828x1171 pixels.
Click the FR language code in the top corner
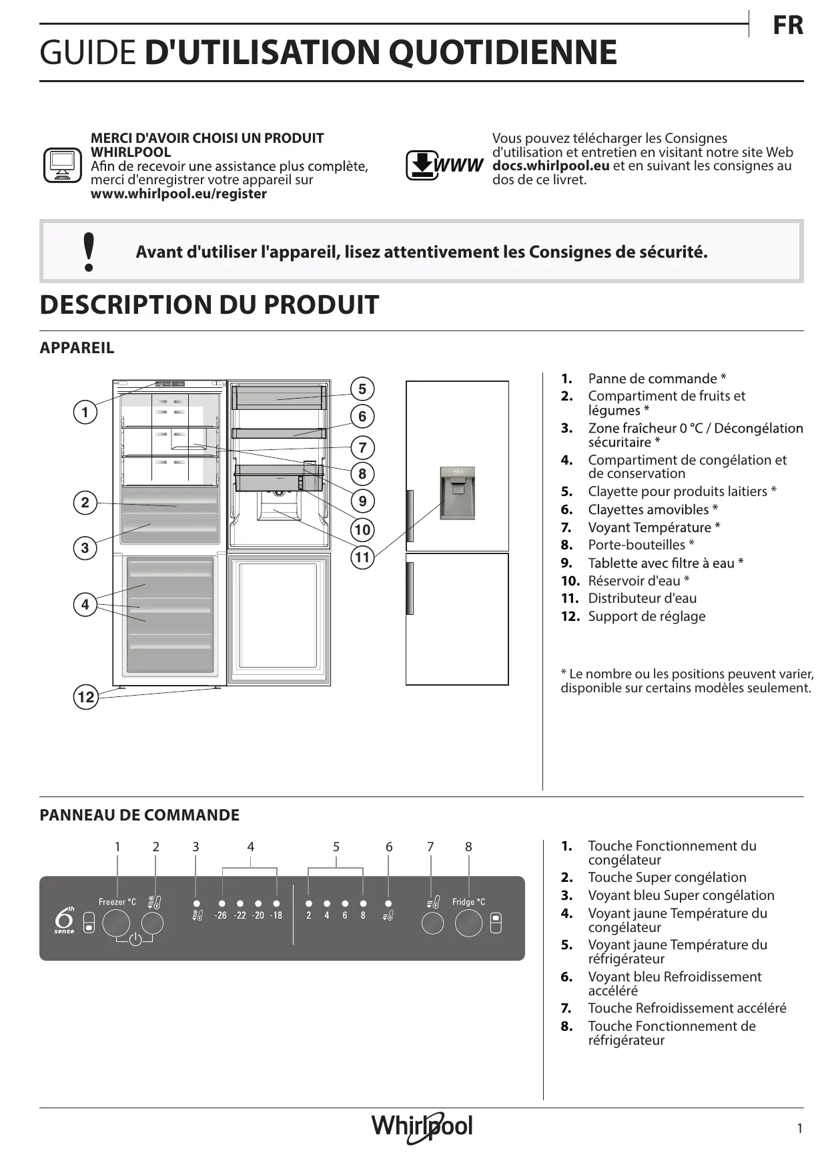(787, 25)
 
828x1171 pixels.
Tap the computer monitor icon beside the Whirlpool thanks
(62, 165)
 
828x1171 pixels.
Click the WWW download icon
(444, 165)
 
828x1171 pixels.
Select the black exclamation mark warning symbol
(88, 252)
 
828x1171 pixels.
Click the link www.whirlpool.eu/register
(178, 194)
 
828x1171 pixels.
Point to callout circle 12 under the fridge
(85, 698)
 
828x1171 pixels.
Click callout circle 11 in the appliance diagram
(362, 557)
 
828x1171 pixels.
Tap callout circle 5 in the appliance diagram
(362, 389)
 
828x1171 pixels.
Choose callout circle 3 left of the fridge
(85, 548)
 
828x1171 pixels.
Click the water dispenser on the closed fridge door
(458, 493)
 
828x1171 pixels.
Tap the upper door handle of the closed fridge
(410, 515)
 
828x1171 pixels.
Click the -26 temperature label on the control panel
(221, 915)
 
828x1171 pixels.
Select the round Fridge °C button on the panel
(468, 923)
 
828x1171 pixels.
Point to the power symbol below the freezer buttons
(135, 940)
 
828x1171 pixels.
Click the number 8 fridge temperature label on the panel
(363, 915)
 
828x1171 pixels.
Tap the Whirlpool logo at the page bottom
(422, 1127)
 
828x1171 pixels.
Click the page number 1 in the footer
(799, 1128)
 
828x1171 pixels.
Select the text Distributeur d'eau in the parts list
(642, 598)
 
